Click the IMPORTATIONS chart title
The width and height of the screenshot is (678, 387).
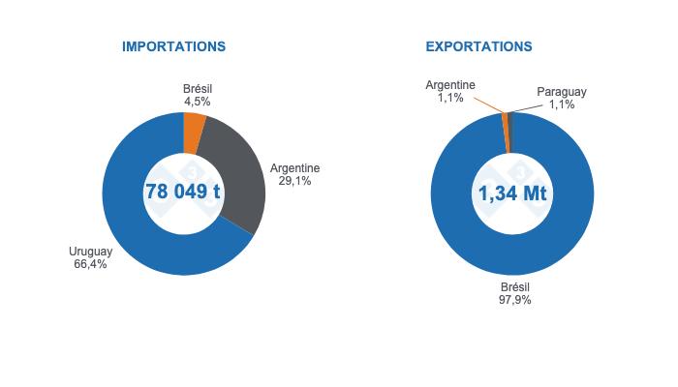point(173,46)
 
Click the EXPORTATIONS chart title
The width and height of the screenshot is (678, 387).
point(478,46)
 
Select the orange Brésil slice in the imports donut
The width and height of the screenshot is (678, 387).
point(194,134)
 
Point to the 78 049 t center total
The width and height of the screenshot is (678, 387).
point(183,192)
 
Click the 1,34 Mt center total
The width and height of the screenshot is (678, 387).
point(512,193)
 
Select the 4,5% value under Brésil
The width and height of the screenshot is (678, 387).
point(198,101)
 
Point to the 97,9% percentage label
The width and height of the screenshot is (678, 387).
point(514,300)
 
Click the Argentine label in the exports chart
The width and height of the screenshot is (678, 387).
point(449,85)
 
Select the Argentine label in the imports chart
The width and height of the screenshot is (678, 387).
point(294,168)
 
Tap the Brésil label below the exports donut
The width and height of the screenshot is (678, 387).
point(514,287)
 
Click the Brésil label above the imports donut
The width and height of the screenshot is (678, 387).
point(198,88)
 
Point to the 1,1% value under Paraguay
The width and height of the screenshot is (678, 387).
point(562,104)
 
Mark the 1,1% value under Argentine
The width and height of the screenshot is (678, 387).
point(449,98)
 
